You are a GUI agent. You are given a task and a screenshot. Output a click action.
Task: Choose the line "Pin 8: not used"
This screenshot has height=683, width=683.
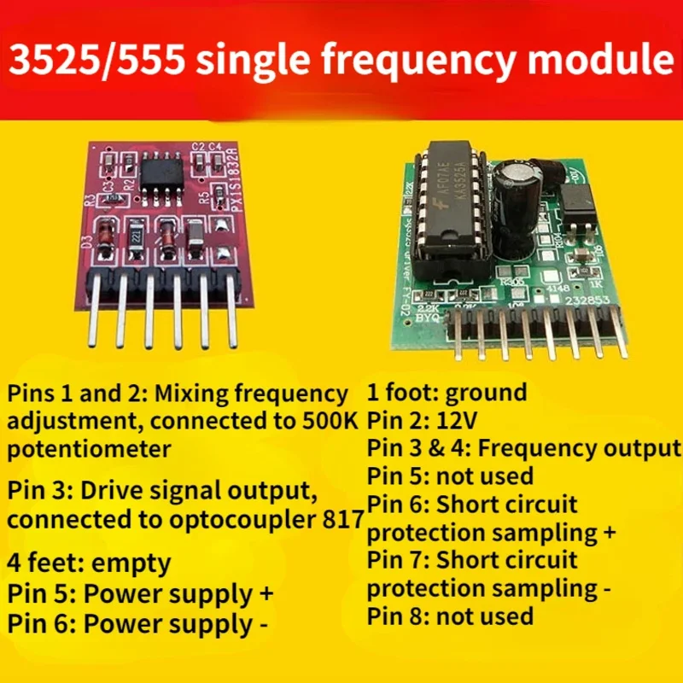(451, 616)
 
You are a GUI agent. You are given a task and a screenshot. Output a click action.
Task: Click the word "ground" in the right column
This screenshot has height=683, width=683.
(486, 394)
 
